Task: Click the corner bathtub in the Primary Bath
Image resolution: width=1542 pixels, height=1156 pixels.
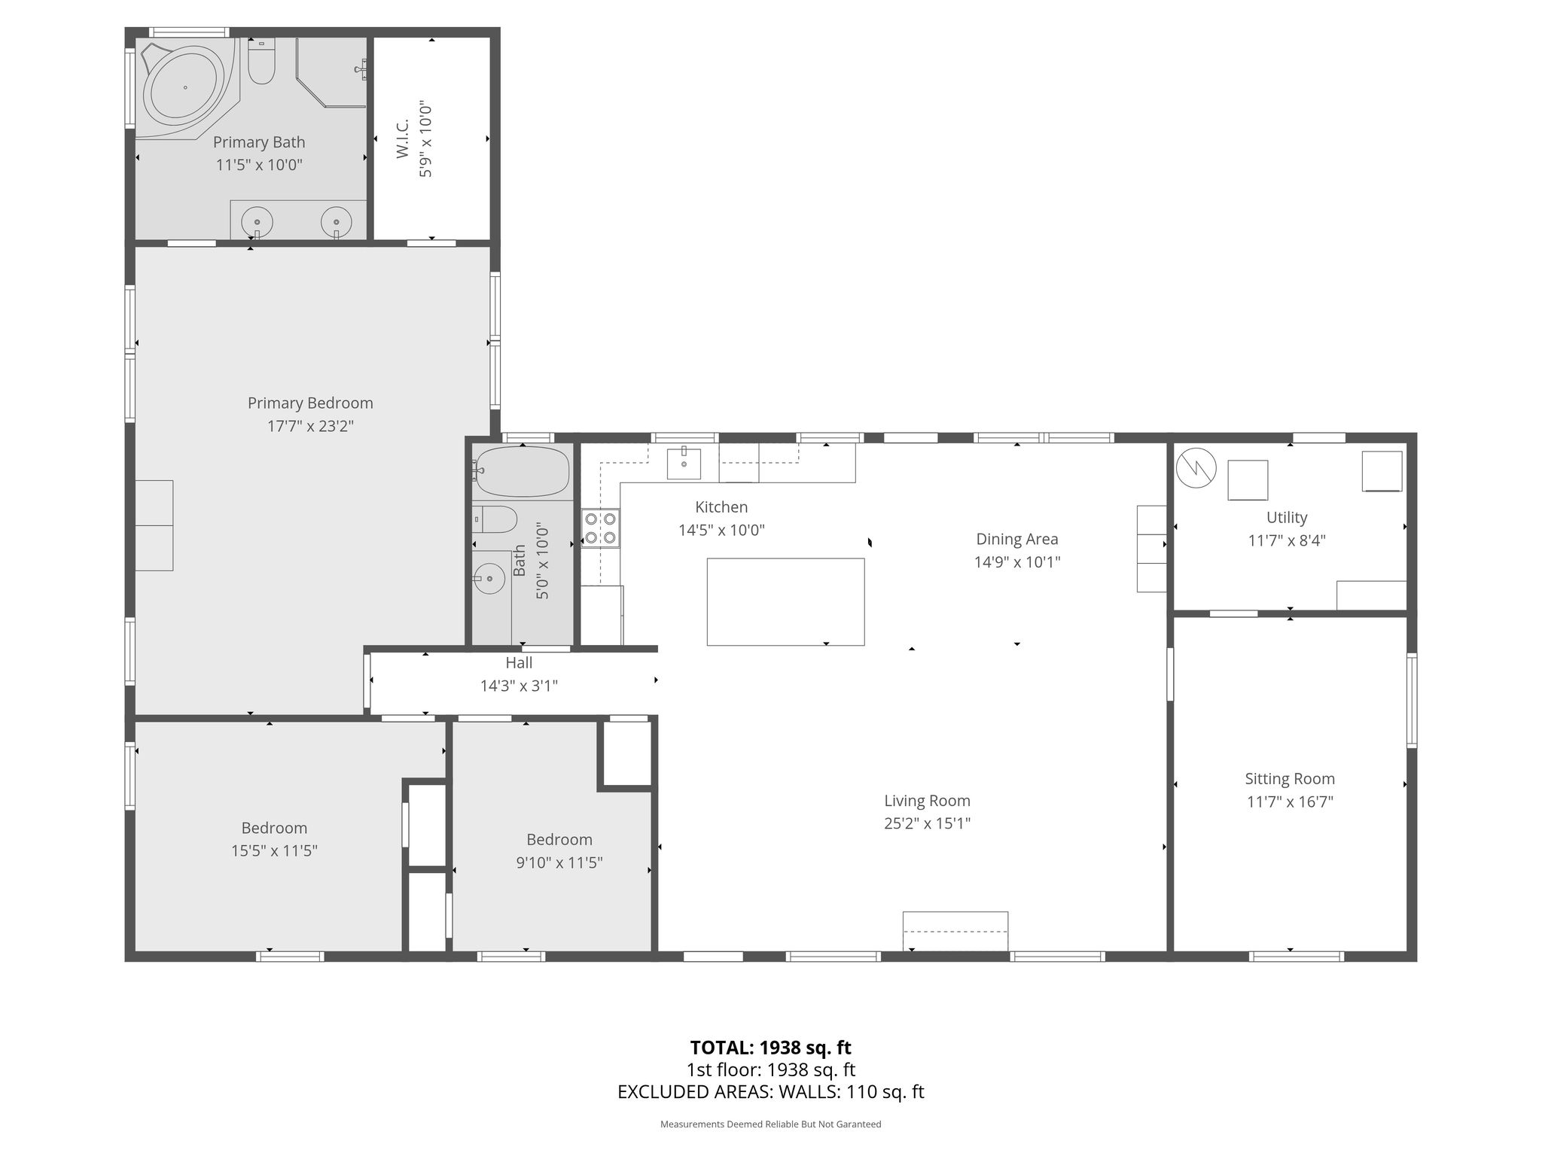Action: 184,88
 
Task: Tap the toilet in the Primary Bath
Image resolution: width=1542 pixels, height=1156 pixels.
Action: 261,62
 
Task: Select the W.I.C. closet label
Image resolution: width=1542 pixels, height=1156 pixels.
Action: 402,138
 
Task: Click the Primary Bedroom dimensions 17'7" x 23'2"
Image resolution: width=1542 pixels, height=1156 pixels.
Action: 310,426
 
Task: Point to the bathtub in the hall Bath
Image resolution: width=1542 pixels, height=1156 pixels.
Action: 521,472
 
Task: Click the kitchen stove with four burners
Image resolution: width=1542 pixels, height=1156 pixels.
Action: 601,528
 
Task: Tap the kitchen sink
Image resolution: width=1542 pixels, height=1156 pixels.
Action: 684,464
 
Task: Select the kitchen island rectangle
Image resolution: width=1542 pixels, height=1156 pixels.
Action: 785,601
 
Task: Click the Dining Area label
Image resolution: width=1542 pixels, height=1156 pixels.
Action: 1017,539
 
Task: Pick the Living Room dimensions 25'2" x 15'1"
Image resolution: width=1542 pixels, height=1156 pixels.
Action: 927,823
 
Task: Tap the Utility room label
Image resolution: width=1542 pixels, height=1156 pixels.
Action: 1287,517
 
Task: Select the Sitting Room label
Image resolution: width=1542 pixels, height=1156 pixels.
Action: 1290,779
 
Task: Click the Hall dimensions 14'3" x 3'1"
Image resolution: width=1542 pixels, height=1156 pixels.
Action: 519,686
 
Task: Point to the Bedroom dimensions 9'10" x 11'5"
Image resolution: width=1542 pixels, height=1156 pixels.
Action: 559,862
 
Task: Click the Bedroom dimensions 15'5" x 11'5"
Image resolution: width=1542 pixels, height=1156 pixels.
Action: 274,850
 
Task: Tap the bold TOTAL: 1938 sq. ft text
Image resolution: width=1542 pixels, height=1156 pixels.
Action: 770,1048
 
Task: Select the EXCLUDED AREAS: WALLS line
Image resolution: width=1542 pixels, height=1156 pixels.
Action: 770,1091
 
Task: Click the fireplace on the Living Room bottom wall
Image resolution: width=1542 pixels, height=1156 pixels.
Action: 955,932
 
